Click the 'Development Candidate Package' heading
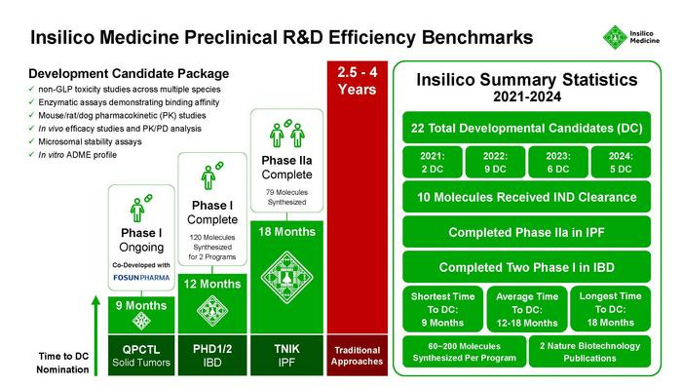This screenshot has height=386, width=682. pyautogui.click(x=129, y=74)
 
